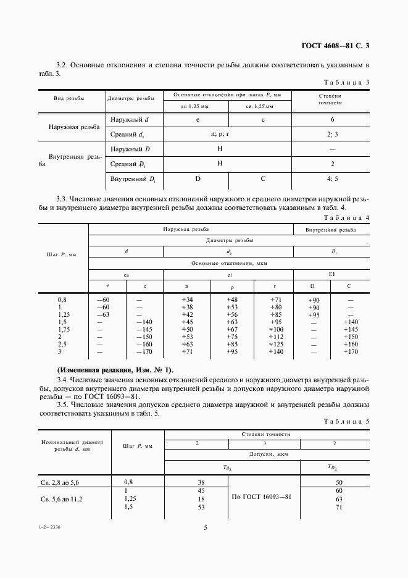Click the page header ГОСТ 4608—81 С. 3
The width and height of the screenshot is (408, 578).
coord(339,45)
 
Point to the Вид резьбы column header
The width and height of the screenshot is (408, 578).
coord(69,98)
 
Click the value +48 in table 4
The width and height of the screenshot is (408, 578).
coord(232,299)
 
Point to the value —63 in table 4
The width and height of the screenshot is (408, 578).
coord(103,314)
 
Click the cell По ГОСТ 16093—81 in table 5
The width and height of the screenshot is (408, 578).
coord(262,496)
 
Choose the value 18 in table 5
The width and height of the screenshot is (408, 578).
coord(201,498)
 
